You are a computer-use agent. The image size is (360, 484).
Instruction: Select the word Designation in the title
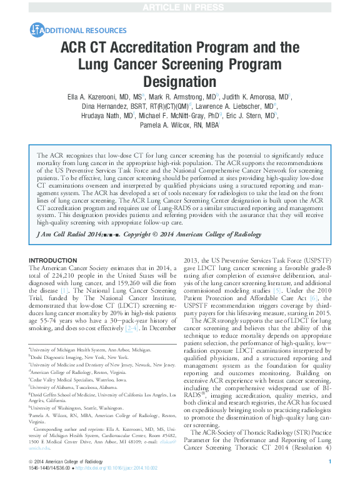tap(180, 81)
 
